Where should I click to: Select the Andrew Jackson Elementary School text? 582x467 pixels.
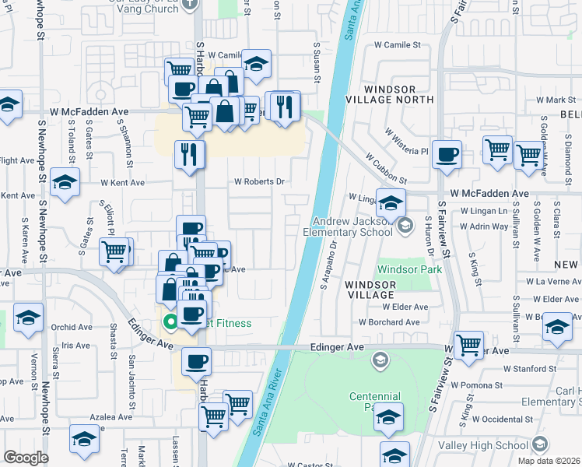coord(352,225)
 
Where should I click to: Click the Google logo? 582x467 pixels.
coord(26,458)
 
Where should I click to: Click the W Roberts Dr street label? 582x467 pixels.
coord(260,181)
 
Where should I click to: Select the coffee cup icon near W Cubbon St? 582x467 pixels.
coord(447,155)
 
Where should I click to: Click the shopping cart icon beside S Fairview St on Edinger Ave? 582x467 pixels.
coord(468,344)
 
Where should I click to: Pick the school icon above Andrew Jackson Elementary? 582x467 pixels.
coord(391,202)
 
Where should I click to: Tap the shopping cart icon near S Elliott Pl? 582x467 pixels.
coord(114,251)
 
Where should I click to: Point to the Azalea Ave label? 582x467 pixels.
coord(110,417)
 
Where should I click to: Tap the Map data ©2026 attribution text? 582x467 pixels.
coord(549,461)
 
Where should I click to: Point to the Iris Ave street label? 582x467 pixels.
coord(75,345)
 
